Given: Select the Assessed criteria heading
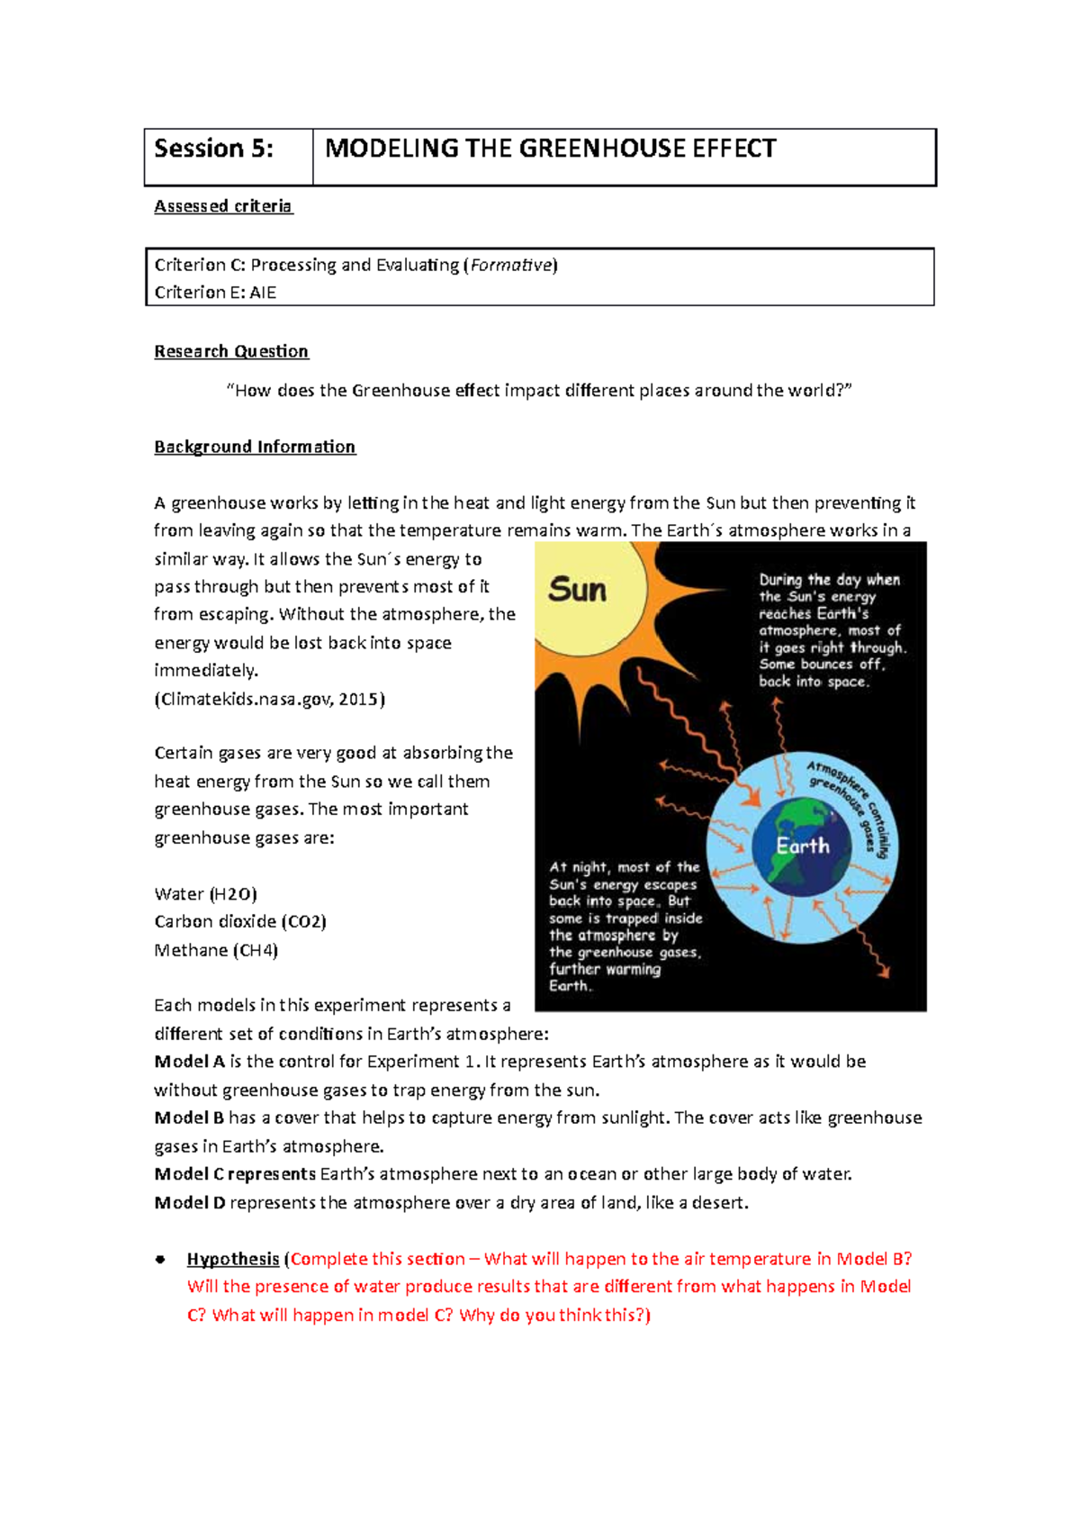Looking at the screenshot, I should coord(223,206).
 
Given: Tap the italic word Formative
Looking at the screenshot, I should coord(510,265).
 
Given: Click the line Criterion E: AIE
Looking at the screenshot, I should coord(215,293).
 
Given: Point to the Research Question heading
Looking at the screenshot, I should coord(231,351).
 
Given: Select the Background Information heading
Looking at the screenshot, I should coord(255,447).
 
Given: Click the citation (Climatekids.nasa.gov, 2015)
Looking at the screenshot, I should coord(269,699).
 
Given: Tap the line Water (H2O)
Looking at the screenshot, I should coord(205,894).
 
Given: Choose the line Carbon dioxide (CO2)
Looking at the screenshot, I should coord(240,922).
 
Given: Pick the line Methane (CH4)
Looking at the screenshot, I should coord(216,950).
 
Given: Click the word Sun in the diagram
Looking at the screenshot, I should coord(578,591).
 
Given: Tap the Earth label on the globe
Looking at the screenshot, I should coord(803,846).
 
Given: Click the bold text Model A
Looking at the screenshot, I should coord(189,1062).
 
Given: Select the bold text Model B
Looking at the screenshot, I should coord(189,1117).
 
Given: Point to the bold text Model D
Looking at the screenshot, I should coord(190,1202).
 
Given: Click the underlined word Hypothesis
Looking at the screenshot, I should coord(233,1259).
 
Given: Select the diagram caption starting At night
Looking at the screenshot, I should coord(625,927).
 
